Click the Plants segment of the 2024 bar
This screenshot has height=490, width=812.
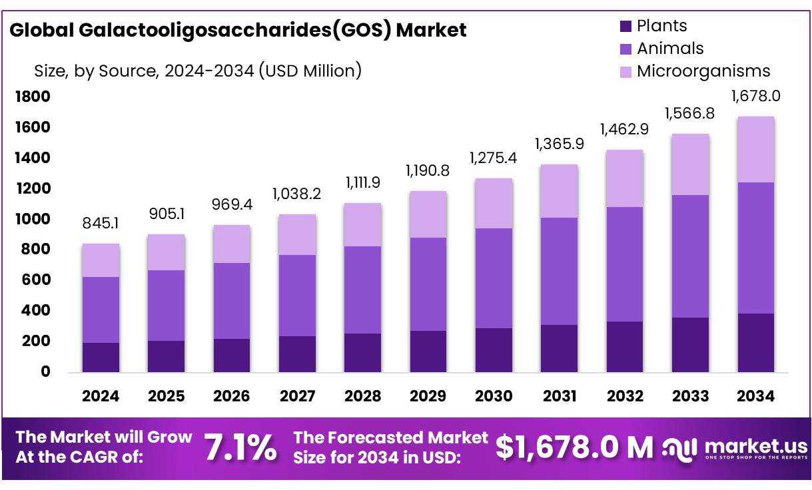coord(101,358)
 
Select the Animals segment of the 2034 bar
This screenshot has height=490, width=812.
coord(756,248)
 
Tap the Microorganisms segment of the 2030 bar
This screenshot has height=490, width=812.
coord(494,204)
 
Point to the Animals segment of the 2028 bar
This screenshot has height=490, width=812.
coord(362,290)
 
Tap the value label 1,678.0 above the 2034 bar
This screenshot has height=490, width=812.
coord(755,96)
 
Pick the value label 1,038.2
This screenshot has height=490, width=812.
coord(297,194)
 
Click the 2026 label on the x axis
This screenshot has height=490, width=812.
coord(232,396)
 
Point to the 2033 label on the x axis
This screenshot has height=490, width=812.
coord(691,396)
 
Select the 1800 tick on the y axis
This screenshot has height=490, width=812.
coord(33,97)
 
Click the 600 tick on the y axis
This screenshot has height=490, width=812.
coord(37,280)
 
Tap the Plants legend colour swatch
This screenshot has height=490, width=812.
coord(625,27)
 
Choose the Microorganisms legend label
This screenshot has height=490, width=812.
coord(703,71)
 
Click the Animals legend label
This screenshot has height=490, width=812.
coord(670,49)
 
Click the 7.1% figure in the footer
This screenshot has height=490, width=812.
coord(240,448)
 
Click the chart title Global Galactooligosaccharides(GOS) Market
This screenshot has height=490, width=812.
coord(238,31)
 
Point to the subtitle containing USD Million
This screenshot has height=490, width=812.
coord(198,70)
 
